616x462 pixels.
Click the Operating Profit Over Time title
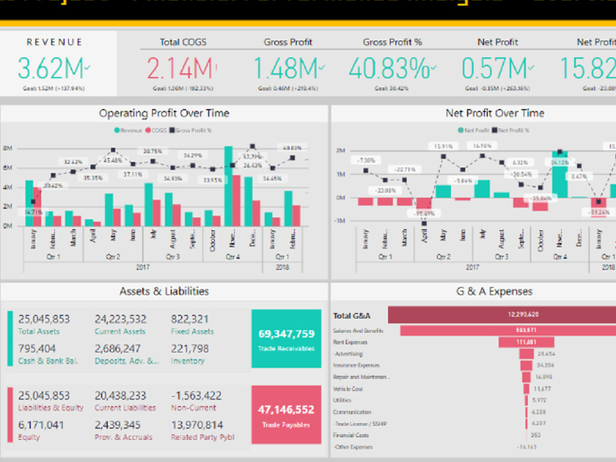click(x=164, y=113)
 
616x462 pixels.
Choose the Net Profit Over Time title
click(x=495, y=113)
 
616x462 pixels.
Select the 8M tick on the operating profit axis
click(x=8, y=148)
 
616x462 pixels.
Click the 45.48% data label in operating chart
click(x=112, y=161)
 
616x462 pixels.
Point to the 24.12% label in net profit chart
click(x=559, y=163)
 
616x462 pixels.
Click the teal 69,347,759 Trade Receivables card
click(x=286, y=338)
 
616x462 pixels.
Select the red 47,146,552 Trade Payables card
click(x=286, y=414)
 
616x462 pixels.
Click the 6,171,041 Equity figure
click(x=41, y=425)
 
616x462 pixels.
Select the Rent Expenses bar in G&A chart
click(x=526, y=342)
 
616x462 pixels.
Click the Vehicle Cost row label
click(x=348, y=389)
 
